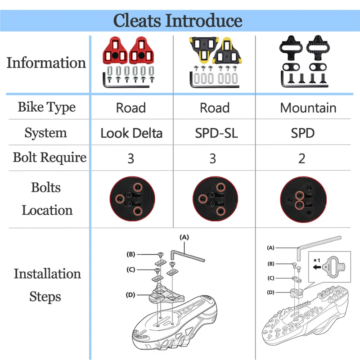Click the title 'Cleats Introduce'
pyautogui.click(x=178, y=21)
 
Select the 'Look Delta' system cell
pyautogui.click(x=131, y=133)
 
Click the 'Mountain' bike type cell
pyautogui.click(x=308, y=108)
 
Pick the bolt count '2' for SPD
pyautogui.click(x=301, y=158)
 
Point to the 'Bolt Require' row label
pyautogui.click(x=49, y=157)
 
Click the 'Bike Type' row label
pyautogui.click(x=47, y=108)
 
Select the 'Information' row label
pyautogui.click(x=46, y=63)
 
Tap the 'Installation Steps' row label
pyautogui.click(x=47, y=285)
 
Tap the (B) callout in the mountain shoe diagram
pyautogui.click(x=271, y=264)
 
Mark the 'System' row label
pyautogui.click(x=46, y=133)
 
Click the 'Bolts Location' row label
pyautogui.click(x=47, y=198)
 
